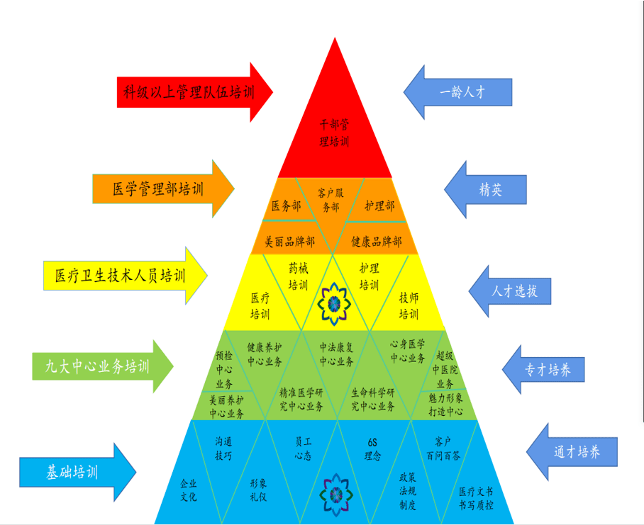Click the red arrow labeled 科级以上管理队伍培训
[194, 92]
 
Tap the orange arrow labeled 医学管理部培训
[163, 189]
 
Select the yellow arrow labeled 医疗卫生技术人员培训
[126, 276]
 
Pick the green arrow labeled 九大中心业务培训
[103, 366]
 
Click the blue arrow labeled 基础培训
[77, 472]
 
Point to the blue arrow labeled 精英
[485, 189]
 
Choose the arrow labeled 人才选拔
[510, 291]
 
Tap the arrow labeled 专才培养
[543, 370]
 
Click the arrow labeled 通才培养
[572, 452]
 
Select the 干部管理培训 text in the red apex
[334, 133]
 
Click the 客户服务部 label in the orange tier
[331, 201]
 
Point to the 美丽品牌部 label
[289, 242]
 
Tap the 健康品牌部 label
[376, 242]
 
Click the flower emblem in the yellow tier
[334, 304]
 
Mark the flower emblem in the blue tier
[336, 495]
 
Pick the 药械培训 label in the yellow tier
[298, 276]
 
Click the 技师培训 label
[409, 305]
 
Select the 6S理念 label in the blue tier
[372, 449]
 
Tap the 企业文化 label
[189, 490]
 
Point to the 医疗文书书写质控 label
[476, 498]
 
